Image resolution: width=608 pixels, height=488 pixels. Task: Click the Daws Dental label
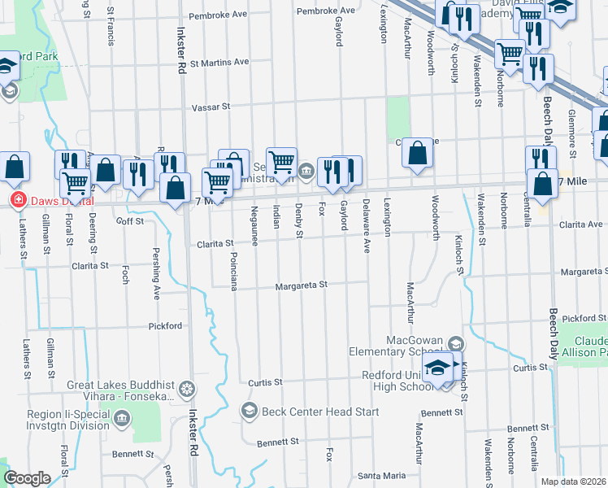59,200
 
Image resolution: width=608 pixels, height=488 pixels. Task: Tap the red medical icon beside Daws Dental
15,200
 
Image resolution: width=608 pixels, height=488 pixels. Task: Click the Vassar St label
211,107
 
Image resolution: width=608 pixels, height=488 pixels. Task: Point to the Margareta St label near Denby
300,285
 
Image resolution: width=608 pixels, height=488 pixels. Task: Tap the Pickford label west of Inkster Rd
165,325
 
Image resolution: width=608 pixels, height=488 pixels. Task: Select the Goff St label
130,220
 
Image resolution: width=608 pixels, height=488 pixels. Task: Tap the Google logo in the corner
27,478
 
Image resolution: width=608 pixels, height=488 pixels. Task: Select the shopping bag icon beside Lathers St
15,167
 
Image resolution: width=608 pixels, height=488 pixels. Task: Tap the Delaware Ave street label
367,217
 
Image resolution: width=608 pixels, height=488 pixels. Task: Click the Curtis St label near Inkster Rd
265,381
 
